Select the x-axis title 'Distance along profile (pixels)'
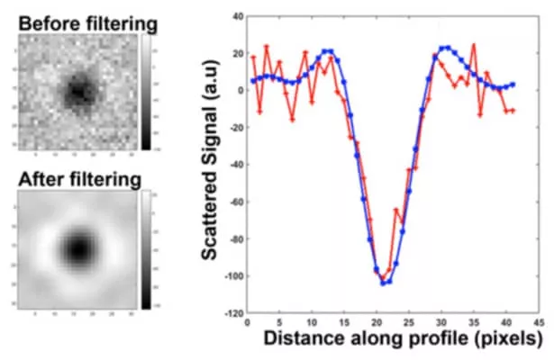click(x=404, y=340)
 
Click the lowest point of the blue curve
click(x=383, y=283)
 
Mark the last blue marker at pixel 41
click(x=513, y=85)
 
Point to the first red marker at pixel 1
click(x=253, y=58)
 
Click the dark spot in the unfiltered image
click(x=79, y=89)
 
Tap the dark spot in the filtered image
click(x=79, y=246)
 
